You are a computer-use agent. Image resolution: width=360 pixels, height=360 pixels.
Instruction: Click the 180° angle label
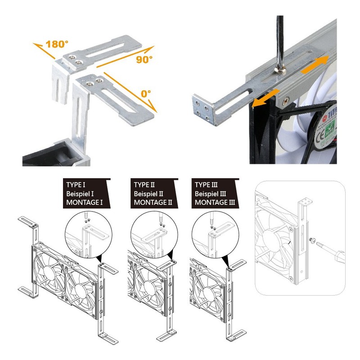58,44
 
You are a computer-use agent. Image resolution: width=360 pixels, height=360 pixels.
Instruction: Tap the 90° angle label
144,59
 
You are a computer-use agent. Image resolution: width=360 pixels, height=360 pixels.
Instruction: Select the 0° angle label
145,94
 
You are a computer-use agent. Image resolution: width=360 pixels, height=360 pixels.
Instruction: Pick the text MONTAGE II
153,202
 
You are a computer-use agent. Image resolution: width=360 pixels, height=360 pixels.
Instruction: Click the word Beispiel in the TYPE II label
145,193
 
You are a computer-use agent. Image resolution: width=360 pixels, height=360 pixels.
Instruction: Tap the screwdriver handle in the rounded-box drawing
338,257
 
